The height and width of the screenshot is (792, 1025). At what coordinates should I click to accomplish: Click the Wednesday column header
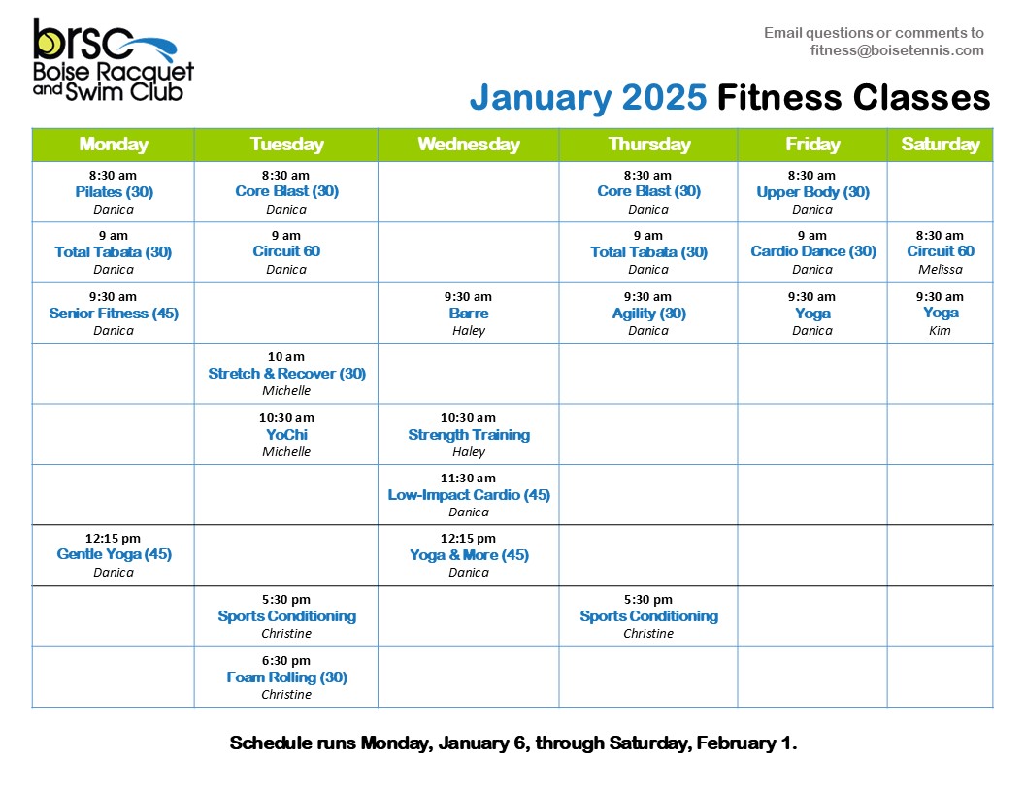point(469,145)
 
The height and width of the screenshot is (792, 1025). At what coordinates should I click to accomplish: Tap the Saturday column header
point(940,145)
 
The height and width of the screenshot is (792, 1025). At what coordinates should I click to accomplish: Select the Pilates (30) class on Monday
point(114,192)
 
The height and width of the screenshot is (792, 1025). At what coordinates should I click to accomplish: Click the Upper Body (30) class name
point(812,192)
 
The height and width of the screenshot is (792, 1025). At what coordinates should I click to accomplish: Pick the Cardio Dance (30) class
point(812,251)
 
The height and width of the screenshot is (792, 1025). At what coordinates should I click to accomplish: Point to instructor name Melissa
point(940,269)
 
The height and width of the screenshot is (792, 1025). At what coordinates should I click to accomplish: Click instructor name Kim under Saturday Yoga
point(940,331)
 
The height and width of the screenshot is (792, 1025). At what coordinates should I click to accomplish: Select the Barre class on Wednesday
point(469,313)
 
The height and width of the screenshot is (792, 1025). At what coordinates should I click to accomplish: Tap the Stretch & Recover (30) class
point(286,374)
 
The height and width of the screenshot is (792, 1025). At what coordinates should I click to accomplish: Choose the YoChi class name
point(286,435)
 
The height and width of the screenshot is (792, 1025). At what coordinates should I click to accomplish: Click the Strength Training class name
point(469,435)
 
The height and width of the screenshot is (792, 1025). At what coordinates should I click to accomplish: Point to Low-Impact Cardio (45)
point(469,495)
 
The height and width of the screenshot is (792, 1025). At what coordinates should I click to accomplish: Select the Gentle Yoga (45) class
point(114,555)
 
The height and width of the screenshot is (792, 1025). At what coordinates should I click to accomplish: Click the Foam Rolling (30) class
point(286,677)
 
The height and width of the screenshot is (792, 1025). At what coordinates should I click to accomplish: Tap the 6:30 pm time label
point(286,661)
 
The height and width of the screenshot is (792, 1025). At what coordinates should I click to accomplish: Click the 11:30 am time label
point(468,478)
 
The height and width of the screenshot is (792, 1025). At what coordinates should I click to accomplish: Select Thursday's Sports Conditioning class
point(648,617)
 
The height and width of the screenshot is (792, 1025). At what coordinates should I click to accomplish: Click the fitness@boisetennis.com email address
point(897,50)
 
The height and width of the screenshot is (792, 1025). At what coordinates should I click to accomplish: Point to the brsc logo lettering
point(83,40)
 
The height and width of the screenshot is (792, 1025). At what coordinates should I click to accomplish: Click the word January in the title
point(540,98)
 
